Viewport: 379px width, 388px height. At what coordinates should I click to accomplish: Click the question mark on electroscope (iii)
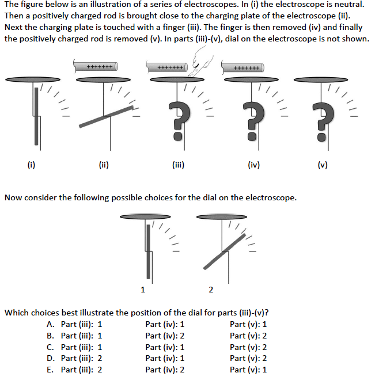pos(179,119)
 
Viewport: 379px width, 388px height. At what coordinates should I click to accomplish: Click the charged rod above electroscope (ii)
pos(99,67)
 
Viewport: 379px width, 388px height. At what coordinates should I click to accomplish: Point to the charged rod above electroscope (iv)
pos(242,67)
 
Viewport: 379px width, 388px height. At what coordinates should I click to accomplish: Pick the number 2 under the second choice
pos(211,289)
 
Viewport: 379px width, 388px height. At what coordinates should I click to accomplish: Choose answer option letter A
pos(50,324)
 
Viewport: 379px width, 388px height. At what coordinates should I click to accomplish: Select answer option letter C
pos(50,347)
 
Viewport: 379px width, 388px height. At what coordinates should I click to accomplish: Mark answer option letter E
pos(50,370)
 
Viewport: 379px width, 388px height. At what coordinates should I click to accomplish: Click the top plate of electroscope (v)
pos(321,79)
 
